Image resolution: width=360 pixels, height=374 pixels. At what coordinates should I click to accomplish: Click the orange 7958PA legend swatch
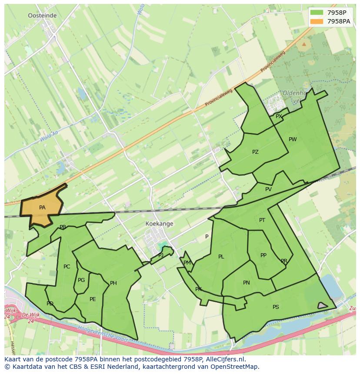point(317,21)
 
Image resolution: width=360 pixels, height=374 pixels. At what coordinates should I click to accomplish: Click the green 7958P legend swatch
point(317,13)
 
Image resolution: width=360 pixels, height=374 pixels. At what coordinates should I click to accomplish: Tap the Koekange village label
point(160,224)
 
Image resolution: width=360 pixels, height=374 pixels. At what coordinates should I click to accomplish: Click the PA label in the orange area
point(42,208)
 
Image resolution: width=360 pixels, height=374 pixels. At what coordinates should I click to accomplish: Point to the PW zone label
point(293,139)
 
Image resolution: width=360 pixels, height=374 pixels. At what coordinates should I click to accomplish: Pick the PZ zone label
point(255,152)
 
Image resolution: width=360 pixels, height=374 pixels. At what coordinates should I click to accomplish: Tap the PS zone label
point(276,307)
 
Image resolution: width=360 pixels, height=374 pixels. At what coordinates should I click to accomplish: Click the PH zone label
point(113,283)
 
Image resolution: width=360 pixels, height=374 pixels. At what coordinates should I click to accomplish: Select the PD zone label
point(50,304)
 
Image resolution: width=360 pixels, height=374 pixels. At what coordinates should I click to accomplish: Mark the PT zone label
point(262,220)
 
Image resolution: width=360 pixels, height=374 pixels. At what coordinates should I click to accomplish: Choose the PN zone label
point(247,283)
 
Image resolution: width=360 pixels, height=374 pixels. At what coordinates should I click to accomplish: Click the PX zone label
point(279,116)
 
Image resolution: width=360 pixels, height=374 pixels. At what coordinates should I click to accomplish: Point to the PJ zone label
point(161,255)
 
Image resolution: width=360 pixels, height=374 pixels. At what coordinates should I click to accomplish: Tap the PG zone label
point(81,280)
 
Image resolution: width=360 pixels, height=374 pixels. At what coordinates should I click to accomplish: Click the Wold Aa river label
point(49,138)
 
